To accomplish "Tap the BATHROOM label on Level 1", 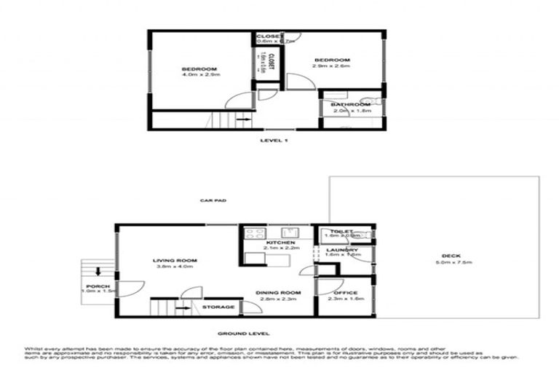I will click(x=350, y=105).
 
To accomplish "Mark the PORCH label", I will click(x=97, y=286).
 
